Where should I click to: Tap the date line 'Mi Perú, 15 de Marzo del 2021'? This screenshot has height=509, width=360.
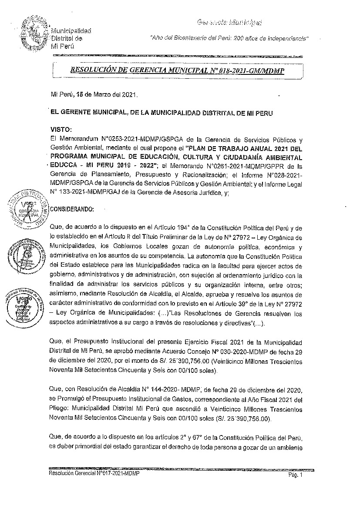(94, 94)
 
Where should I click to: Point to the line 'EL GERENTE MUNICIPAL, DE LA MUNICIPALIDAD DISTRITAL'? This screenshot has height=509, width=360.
(161, 112)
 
